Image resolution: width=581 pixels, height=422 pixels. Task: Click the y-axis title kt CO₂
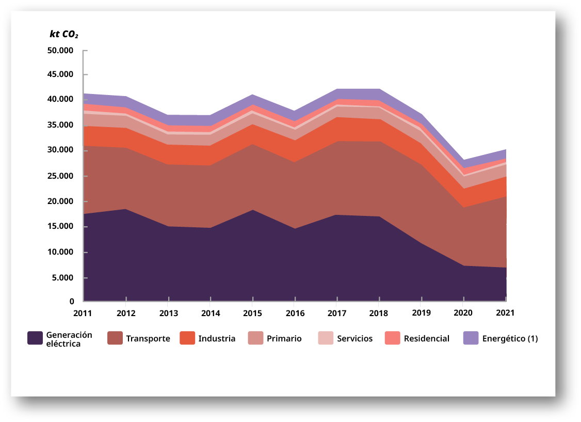[63, 35]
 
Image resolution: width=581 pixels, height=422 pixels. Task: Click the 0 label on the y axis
[72, 302]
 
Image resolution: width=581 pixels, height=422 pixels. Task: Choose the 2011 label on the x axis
[83, 313]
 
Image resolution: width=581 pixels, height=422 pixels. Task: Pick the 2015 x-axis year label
[252, 313]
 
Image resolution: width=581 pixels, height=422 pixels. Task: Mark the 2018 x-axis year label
[379, 313]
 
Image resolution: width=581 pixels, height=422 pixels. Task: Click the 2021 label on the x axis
[506, 313]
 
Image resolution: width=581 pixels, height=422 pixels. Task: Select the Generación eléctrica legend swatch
[35, 338]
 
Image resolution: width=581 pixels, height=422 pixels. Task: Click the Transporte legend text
[148, 339]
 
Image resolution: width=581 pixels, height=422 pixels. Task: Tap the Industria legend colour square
[186, 338]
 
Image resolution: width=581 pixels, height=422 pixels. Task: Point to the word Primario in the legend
[284, 339]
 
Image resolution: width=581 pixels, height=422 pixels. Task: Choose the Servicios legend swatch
[326, 338]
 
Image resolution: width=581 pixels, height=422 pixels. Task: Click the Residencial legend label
[426, 339]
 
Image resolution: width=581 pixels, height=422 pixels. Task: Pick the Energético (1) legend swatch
[471, 338]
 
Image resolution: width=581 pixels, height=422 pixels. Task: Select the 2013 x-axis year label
[168, 313]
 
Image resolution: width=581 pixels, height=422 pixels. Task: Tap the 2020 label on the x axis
[463, 313]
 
